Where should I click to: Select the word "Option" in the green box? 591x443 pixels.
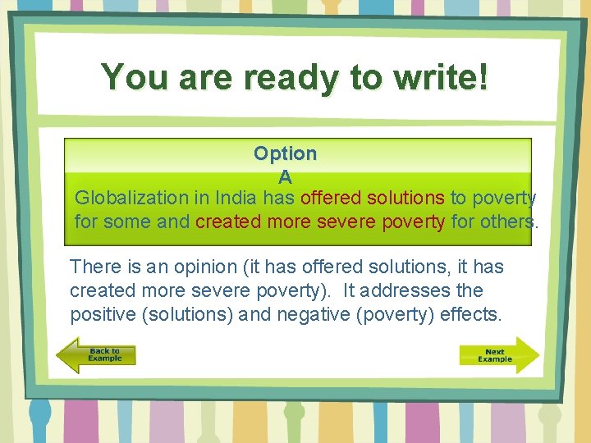(285, 153)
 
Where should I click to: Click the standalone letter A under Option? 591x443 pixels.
(285, 176)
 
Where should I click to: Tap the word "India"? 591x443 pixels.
(237, 198)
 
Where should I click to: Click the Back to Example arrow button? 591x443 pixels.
(96, 355)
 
